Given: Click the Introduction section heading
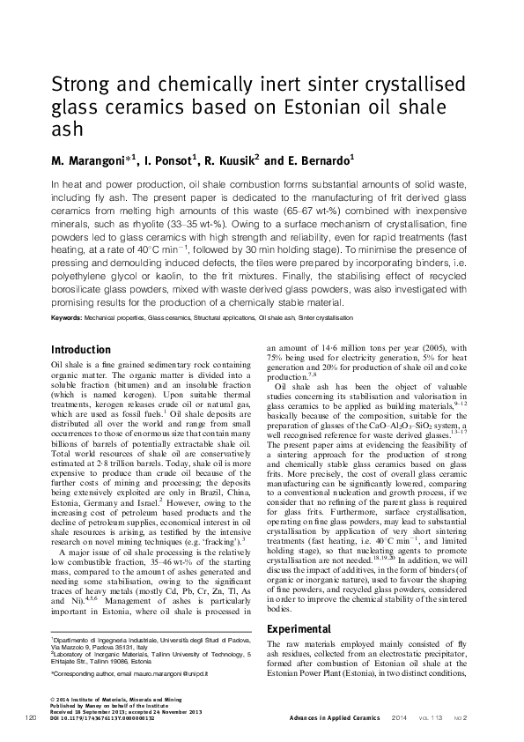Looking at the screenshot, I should point(81,349).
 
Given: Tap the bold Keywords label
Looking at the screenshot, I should point(70,315).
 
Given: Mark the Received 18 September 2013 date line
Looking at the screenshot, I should point(94,713).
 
